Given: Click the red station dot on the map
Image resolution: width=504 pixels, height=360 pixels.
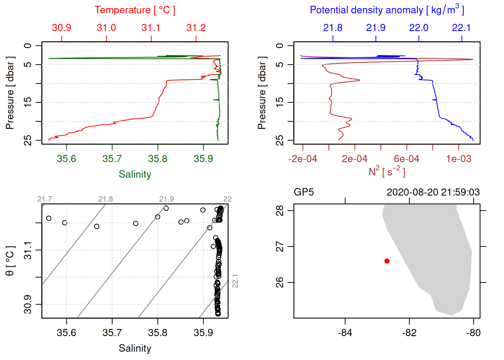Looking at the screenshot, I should (387, 261).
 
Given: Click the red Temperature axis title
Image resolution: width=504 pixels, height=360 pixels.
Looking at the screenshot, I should (135, 10).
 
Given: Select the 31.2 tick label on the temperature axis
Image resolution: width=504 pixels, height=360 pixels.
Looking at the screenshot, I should (196, 28).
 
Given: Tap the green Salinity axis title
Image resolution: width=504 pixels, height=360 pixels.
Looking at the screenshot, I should (135, 174).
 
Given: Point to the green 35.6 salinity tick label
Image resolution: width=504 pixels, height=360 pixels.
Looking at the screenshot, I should (66, 159).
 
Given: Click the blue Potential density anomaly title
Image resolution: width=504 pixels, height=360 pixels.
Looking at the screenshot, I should (387, 10).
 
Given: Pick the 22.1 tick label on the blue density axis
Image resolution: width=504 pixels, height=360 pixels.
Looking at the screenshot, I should (461, 28).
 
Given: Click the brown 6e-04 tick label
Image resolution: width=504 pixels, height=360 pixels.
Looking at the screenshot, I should (406, 159).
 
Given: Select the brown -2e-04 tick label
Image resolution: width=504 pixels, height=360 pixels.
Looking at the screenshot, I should (303, 159).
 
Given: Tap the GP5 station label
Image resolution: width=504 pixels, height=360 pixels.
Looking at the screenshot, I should (304, 192).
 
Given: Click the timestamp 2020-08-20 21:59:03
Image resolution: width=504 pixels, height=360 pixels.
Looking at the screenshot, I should (433, 192).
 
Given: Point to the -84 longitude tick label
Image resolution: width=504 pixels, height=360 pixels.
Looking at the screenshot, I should (345, 333).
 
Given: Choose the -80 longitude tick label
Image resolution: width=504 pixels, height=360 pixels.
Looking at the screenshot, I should (473, 333).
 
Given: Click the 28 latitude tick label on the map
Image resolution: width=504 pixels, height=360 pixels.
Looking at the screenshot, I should (280, 210).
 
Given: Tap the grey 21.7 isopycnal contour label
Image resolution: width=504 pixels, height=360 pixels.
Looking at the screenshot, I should (45, 199).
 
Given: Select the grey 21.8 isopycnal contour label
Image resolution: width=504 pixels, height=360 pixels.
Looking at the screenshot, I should (105, 199).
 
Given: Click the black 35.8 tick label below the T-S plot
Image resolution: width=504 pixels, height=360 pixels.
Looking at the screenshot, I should (157, 333).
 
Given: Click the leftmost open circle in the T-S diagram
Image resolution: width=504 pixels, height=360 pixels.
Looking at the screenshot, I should (49, 218).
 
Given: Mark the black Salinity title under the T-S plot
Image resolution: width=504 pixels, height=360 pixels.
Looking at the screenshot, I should (135, 348).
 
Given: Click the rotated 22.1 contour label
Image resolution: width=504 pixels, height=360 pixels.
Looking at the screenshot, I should (235, 281).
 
